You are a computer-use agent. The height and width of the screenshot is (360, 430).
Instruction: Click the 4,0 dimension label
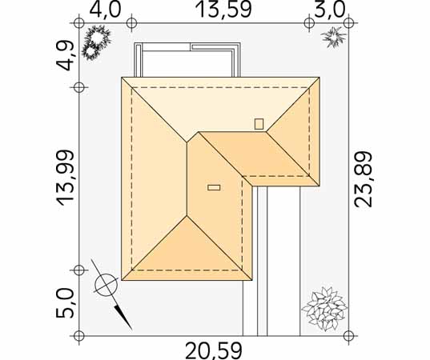click(x=105, y=10)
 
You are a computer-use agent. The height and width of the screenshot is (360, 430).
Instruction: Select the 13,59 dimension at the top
click(x=223, y=10)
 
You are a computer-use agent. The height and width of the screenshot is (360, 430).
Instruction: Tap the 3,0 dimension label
click(x=328, y=10)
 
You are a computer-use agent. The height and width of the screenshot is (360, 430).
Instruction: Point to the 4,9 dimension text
click(x=65, y=56)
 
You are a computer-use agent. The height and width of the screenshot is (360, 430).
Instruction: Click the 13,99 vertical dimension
click(x=65, y=178)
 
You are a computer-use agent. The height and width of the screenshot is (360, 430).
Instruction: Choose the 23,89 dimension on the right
click(x=363, y=179)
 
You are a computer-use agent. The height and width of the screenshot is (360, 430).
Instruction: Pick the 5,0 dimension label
click(x=65, y=303)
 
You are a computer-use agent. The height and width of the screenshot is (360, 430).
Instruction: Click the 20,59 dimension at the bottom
click(x=214, y=350)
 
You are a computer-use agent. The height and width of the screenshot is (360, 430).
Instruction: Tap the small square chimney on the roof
click(x=259, y=124)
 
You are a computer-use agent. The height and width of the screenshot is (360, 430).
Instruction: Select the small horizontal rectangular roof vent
click(x=214, y=188)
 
